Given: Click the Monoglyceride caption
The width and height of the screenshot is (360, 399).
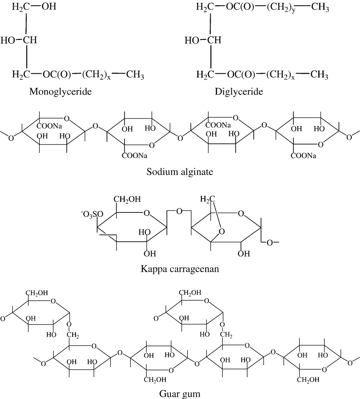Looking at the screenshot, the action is tap(60, 92).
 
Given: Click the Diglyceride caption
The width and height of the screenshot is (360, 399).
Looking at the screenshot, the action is tap(238, 92).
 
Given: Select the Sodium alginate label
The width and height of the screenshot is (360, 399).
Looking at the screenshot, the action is tap(180, 172).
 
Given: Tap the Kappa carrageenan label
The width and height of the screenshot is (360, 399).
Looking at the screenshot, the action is tap(180, 269).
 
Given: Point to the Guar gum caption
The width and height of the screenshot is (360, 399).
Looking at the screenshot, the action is tap(180, 394).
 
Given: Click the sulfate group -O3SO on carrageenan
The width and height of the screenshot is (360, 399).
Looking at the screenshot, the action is tap(92, 215).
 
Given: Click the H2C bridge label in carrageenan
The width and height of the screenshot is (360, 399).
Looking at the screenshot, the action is tap(207, 199).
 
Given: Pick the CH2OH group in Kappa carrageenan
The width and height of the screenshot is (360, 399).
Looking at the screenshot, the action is tap(127, 199).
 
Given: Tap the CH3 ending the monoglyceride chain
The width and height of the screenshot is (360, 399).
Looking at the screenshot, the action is tap(135, 75).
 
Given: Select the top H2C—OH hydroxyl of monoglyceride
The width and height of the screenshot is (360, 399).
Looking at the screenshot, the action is tap(49, 6).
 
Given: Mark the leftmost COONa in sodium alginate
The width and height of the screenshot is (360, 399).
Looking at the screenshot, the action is tap(49, 126).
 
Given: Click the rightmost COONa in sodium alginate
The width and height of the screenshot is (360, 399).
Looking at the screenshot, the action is tap(303, 156).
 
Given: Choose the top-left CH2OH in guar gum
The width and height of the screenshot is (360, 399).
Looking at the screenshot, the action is tap(36, 293).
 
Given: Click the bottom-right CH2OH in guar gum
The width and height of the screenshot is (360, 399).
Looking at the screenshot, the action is tap(308, 380).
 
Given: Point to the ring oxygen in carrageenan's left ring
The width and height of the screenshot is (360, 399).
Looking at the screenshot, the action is tap(147, 213).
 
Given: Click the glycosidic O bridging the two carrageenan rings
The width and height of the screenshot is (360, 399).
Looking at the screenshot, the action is tap(179, 211).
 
